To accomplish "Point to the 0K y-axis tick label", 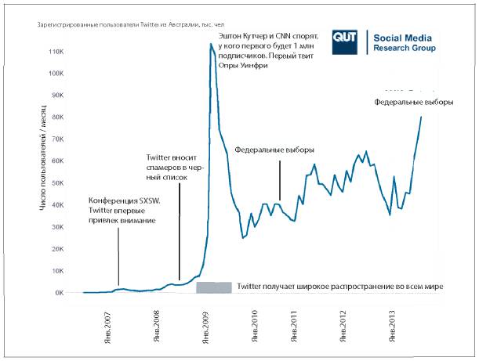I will click(59, 293).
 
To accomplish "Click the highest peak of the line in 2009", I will click(211, 44).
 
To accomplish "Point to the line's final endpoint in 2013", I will click(421, 117).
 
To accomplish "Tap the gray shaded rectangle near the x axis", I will click(213, 287).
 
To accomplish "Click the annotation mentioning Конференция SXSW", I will click(124, 211).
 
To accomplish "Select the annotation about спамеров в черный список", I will click(173, 168).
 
